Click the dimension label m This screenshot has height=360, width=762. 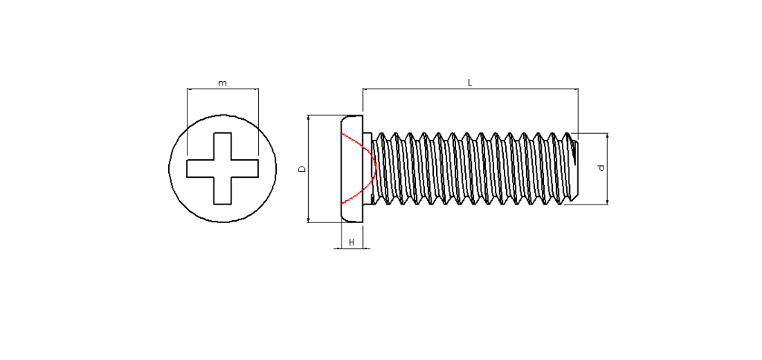(x=222, y=83)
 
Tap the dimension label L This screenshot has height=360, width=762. (x=470, y=83)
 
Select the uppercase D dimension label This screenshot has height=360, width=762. (x=302, y=169)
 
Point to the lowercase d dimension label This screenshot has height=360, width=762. (x=601, y=168)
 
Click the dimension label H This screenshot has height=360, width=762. (x=352, y=242)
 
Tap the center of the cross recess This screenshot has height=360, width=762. (x=222, y=169)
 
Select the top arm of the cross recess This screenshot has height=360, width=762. (x=222, y=146)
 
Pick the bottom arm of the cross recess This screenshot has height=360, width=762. (x=222, y=191)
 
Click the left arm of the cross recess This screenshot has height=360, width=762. (x=200, y=169)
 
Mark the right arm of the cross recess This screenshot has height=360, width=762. (x=245, y=169)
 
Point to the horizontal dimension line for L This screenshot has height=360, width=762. (x=470, y=89)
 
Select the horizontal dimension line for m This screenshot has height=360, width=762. (x=222, y=89)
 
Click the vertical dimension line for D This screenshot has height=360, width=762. (x=309, y=169)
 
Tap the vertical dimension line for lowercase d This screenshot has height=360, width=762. (x=607, y=169)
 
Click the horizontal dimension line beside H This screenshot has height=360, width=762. (x=352, y=248)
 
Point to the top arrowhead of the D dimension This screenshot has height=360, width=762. (x=309, y=117)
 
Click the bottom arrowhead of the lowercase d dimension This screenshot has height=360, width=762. (x=607, y=202)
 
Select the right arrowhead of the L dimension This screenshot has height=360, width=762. (x=577, y=89)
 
